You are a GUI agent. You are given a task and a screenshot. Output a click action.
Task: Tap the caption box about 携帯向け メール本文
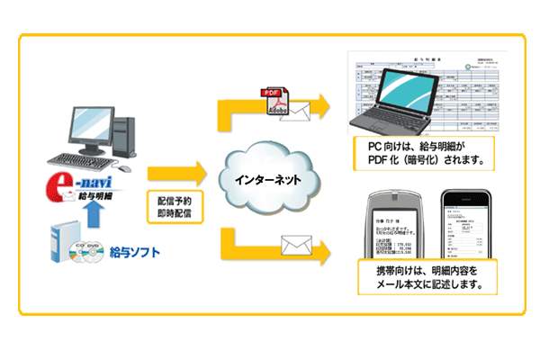click(420, 275)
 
